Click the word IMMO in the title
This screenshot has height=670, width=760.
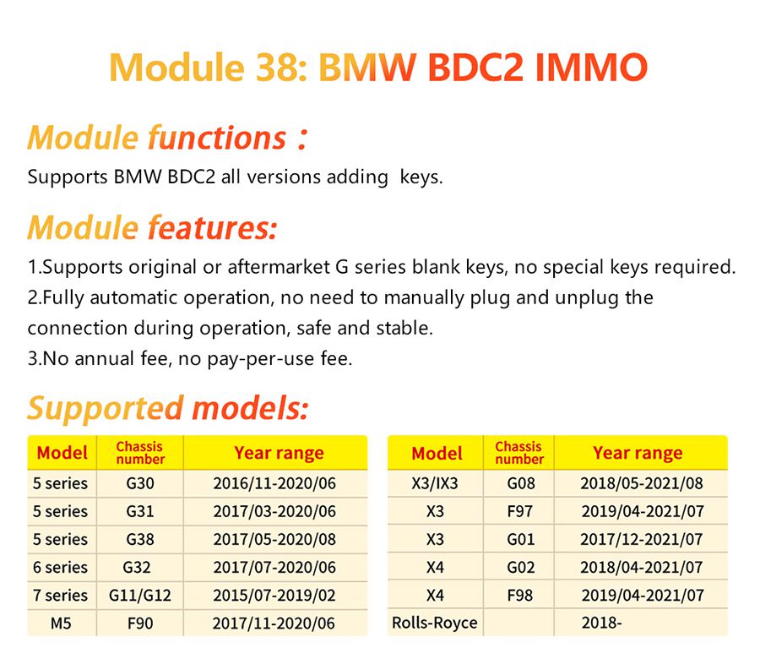590,68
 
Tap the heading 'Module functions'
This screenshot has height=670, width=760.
157,138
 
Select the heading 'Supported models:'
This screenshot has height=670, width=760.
167,409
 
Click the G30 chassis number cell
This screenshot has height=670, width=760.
140,483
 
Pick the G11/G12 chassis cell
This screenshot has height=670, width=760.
140,596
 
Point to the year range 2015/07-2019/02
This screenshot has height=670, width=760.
274,596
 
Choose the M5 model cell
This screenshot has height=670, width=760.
61,624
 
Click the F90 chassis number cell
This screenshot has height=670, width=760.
140,624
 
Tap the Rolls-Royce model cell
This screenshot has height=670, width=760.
434,624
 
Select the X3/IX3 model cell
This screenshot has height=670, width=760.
434,483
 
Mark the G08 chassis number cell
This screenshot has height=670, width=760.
520,483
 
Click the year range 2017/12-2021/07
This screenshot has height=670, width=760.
641,539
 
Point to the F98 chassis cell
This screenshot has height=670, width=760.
520,596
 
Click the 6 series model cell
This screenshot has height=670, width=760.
61,568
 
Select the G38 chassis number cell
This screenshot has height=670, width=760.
140,539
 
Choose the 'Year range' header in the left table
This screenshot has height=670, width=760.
279,453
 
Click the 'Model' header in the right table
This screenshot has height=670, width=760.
437,453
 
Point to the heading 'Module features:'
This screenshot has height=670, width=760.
152,228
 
